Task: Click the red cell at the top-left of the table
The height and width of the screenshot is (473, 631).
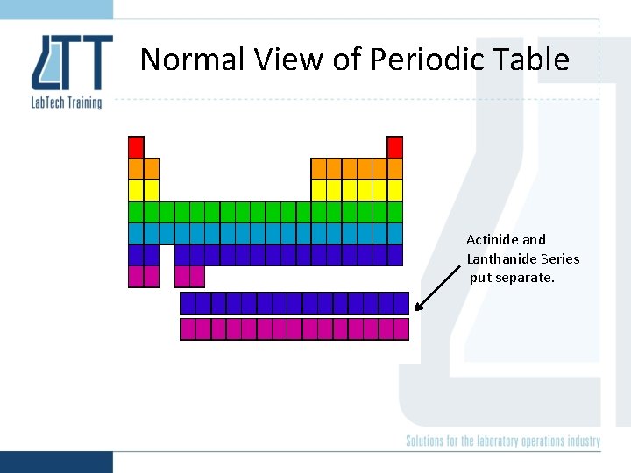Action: coord(136,146)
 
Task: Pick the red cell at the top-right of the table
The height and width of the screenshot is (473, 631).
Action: coord(395,146)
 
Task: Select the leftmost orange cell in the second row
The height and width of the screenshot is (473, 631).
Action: coord(136,168)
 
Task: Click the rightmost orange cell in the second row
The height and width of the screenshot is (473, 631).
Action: coord(395,168)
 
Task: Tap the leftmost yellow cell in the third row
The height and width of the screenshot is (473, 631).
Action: coord(136,190)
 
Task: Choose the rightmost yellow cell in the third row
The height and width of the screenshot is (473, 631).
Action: coord(395,190)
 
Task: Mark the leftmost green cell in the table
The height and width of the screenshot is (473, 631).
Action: coord(136,212)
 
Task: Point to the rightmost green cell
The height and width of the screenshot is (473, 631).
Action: coord(395,212)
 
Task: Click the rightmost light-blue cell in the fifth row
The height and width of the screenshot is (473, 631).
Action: coord(395,233)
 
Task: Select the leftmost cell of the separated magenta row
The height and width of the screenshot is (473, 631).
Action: coord(188,329)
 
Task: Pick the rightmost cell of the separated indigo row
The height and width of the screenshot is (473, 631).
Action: coord(401,303)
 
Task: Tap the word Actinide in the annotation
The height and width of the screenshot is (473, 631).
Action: coord(493,239)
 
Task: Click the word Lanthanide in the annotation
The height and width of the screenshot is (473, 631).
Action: coord(502,258)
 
